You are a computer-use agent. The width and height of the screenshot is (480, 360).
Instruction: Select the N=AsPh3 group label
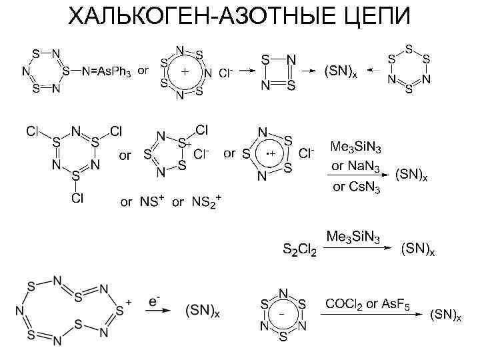[107, 71]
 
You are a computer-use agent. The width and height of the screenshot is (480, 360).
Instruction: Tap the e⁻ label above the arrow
[153, 301]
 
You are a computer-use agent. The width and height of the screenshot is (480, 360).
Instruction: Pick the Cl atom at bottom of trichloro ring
[78, 198]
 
